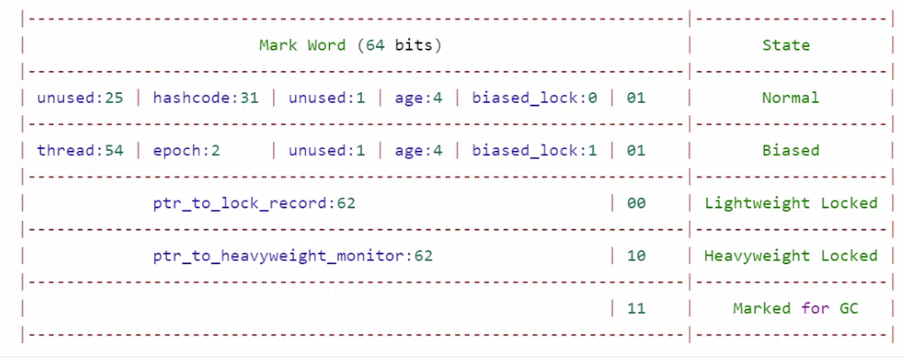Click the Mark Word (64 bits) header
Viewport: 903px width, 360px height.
[350, 45]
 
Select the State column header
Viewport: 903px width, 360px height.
[786, 45]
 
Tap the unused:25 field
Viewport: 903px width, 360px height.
[80, 98]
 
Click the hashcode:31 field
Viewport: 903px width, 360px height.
[206, 98]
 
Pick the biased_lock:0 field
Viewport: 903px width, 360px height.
[534, 98]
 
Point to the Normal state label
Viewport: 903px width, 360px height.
[790, 98]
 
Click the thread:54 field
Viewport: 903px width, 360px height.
[80, 151]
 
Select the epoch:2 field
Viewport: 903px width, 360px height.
[186, 151]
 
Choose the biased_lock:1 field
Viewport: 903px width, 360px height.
[534, 151]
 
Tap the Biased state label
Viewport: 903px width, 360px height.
[790, 151]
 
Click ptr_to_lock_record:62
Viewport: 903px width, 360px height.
[254, 203]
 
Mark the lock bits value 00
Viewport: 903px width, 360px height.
[636, 203]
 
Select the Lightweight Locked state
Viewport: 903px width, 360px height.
[790, 203]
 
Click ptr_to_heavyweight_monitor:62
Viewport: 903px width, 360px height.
[293, 256]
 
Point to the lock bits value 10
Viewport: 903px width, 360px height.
[636, 256]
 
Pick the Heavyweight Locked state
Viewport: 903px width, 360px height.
[790, 256]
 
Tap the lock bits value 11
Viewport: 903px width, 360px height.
[636, 309]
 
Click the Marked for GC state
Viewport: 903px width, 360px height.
[796, 309]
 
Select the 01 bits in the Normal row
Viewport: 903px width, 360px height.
[636, 98]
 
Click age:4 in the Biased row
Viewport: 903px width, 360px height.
[419, 151]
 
